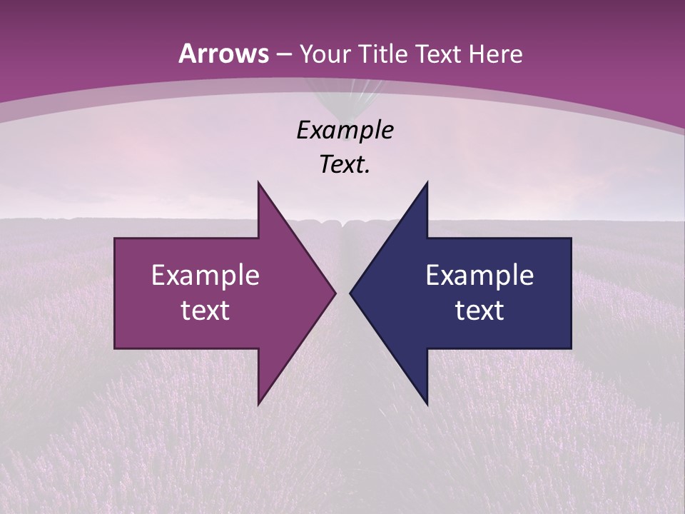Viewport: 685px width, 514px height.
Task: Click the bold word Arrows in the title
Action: [x=223, y=54]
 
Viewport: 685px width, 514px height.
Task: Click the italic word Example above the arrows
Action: [x=345, y=131]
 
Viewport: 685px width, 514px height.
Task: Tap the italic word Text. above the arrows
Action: [x=345, y=165]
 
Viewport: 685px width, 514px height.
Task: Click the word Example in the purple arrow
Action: [x=205, y=276]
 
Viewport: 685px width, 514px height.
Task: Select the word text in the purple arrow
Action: [x=205, y=311]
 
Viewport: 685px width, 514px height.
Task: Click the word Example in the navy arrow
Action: [x=479, y=276]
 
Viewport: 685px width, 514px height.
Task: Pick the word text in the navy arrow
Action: [x=479, y=311]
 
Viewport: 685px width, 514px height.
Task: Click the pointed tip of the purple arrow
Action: [x=335, y=293]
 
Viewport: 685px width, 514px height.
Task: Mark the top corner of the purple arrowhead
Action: [x=258, y=183]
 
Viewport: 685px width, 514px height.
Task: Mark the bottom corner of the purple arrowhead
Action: [x=258, y=403]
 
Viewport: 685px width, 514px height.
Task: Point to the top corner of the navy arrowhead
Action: [x=427, y=183]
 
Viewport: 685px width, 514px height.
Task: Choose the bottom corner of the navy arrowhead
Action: [x=427, y=403]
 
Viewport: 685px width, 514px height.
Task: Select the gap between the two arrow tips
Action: [x=342, y=293]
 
